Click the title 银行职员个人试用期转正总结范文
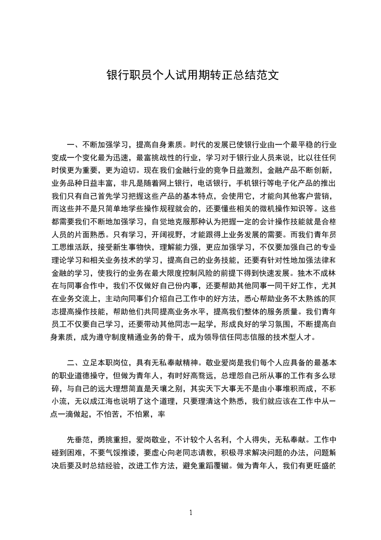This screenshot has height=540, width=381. (x=192, y=76)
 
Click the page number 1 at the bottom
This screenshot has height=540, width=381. (x=191, y=513)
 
